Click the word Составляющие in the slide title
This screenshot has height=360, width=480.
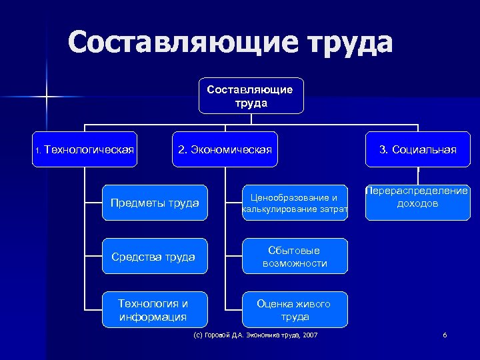coord(177,43)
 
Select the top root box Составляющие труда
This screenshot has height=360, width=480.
coord(251,96)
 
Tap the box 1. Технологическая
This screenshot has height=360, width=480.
coord(85,149)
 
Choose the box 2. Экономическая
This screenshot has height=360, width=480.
coord(225,149)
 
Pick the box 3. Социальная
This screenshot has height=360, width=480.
coord(418,149)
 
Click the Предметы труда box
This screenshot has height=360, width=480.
coord(155,203)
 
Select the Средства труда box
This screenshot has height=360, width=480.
coord(155,256)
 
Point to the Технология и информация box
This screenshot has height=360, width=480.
coord(155,309)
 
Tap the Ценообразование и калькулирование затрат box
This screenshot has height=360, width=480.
coord(295,203)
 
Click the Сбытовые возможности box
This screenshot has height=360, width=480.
coord(295,256)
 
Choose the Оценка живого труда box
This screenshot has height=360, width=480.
coord(295,309)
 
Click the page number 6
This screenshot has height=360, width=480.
coord(445,334)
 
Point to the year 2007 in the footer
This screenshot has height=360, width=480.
coord(310,334)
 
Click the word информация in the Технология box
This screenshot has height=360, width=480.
coord(153,317)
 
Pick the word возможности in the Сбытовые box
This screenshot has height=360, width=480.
coord(295,263)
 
